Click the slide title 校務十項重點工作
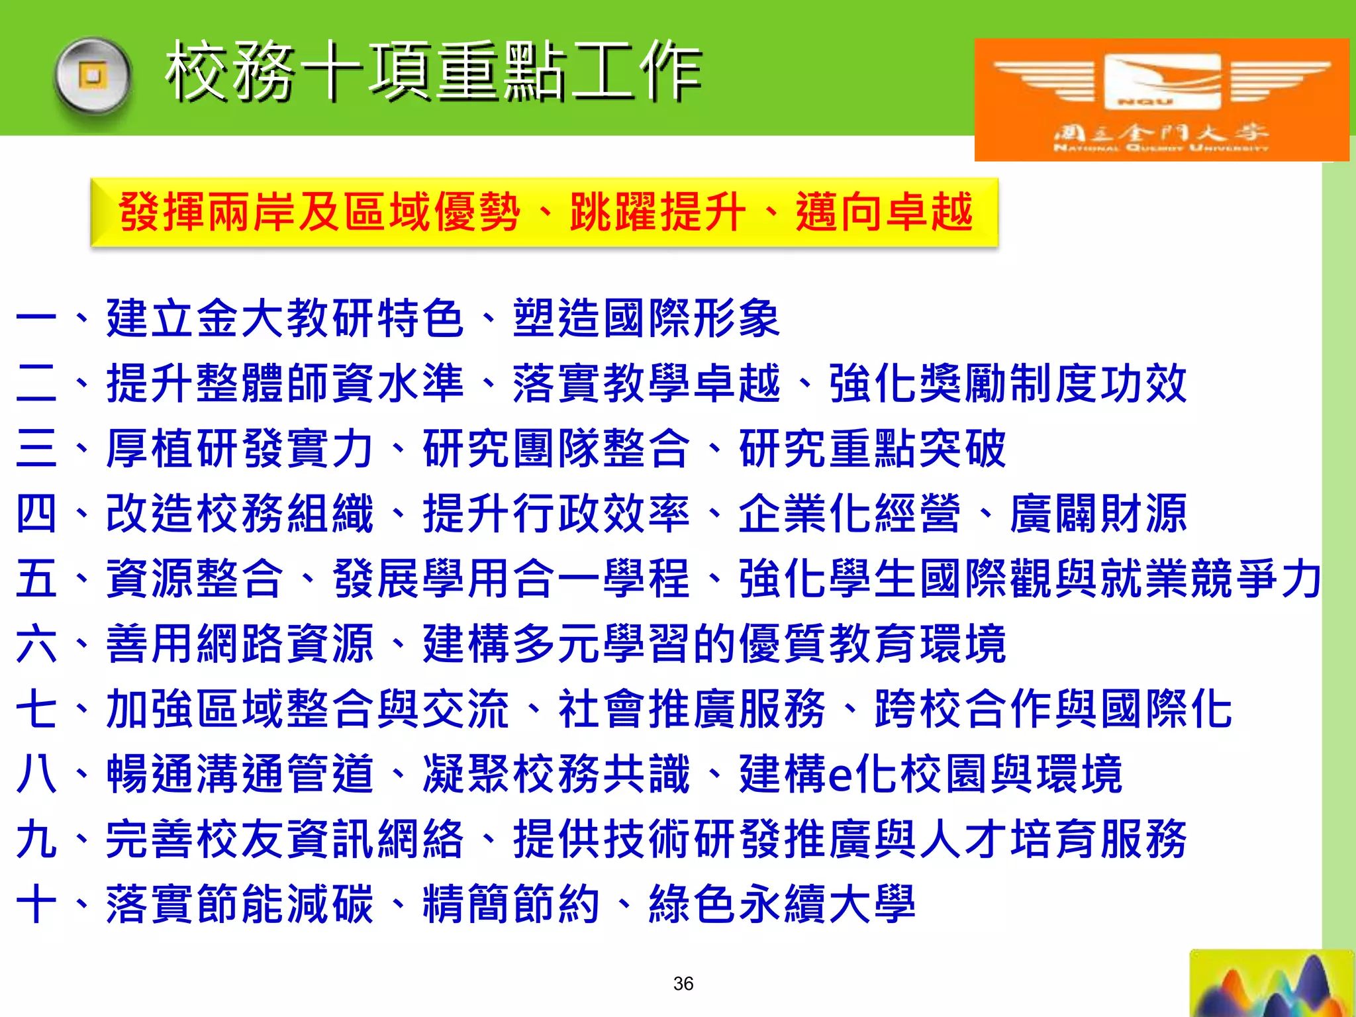[434, 71]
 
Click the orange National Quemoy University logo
[1161, 99]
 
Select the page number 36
[683, 983]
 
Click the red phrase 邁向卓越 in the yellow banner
[885, 213]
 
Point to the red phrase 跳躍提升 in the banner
[658, 213]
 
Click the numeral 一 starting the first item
[36, 318]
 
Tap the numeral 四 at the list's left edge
[36, 513]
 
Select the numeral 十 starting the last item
[36, 904]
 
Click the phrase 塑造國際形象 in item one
[647, 318]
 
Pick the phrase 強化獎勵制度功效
[1008, 383]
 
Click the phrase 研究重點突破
[873, 448]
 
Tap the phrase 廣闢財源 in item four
[1098, 513]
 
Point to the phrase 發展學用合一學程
[512, 578]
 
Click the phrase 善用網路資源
[240, 643]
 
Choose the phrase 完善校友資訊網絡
[285, 839]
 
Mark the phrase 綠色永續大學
[783, 904]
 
